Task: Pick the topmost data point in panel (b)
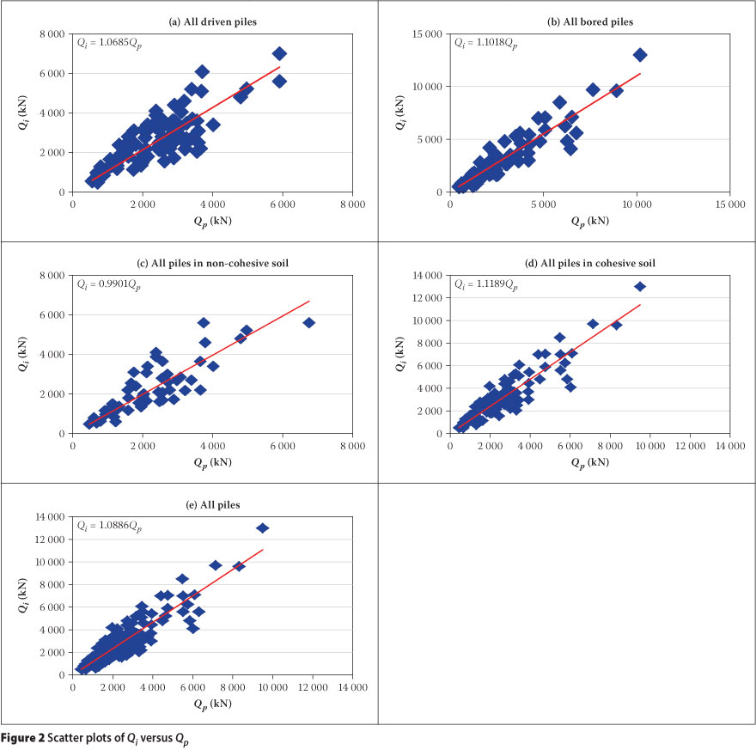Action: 639,55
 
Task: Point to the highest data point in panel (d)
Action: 639,286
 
